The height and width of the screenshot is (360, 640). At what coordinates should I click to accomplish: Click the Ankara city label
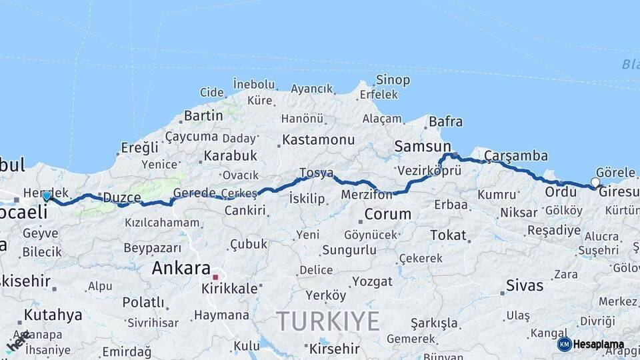click(181, 269)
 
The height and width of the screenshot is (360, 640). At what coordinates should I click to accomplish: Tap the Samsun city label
click(423, 146)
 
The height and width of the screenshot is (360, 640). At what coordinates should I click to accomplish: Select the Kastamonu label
click(318, 140)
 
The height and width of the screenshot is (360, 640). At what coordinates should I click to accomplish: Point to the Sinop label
click(393, 80)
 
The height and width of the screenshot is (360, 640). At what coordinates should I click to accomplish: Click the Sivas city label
click(525, 286)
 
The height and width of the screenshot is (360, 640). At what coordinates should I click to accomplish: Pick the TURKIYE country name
click(328, 321)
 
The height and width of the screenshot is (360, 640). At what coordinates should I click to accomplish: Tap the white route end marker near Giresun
click(595, 182)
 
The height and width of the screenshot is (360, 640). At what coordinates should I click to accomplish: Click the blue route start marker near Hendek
click(47, 196)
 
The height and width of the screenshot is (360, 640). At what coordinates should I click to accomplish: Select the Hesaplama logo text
click(599, 345)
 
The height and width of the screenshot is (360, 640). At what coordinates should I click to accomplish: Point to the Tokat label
click(448, 235)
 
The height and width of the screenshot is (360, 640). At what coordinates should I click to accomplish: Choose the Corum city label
click(387, 215)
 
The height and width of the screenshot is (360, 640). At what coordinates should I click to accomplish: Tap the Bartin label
click(203, 115)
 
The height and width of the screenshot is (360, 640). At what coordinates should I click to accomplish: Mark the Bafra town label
click(445, 122)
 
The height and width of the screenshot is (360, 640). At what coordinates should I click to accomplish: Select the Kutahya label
click(53, 315)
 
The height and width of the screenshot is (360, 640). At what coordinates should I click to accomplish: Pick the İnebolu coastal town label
click(253, 85)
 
